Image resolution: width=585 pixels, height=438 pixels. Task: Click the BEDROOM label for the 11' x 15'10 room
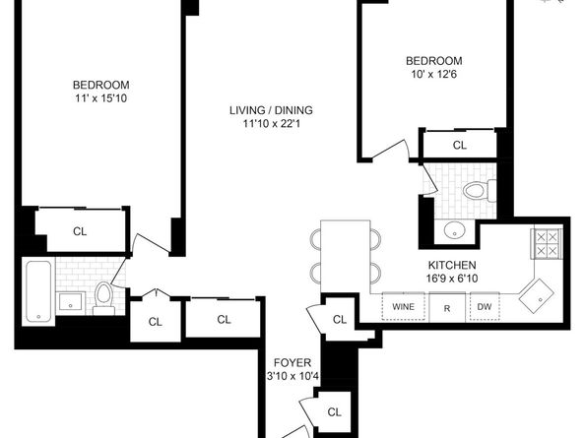[x=101, y=85]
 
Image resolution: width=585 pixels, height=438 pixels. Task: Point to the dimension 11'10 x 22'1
[x=261, y=124]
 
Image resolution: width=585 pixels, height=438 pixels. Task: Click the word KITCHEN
[x=452, y=266]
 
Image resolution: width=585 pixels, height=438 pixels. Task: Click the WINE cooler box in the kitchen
[x=403, y=307]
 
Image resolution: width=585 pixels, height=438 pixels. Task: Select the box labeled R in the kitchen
[x=446, y=307]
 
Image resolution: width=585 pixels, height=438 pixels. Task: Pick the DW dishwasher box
[x=484, y=307]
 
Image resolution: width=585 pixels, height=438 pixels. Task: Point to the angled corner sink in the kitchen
[x=539, y=292]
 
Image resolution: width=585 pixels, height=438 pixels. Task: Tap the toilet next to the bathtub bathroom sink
[x=102, y=295]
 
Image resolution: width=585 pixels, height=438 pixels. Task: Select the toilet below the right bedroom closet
[x=477, y=190]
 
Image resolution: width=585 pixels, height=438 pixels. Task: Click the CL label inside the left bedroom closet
[x=80, y=232]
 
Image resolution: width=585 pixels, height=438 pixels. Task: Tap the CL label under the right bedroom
[x=459, y=145]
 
